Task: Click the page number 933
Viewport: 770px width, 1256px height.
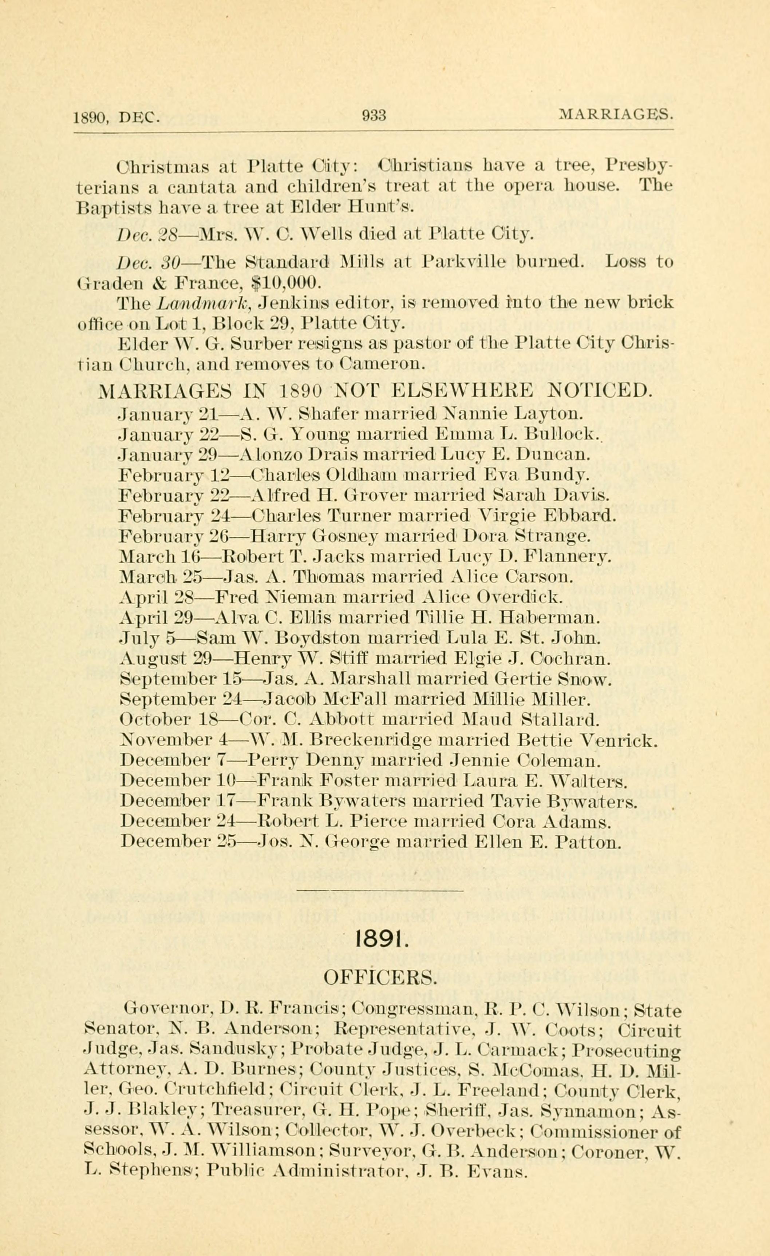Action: tap(374, 116)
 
